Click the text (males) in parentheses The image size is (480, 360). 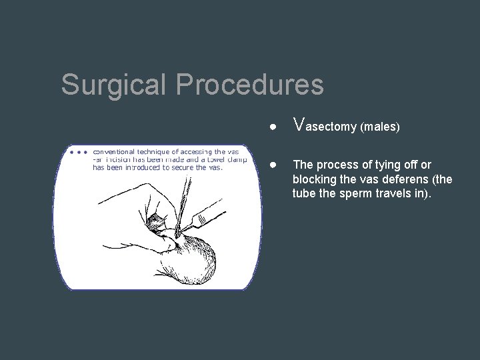tap(379, 127)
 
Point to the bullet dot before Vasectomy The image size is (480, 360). tap(274, 127)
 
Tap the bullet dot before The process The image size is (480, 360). tap(274, 165)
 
